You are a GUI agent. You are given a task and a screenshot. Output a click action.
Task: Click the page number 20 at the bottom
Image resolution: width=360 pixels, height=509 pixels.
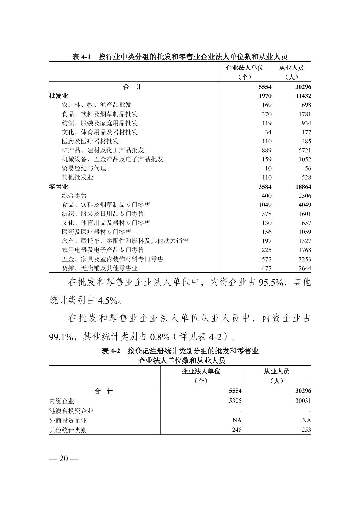coord(64,459)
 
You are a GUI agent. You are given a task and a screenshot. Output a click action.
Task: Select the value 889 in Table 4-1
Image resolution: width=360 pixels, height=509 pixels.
coord(266,150)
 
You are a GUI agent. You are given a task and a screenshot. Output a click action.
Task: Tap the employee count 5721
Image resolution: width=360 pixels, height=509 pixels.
coord(305,150)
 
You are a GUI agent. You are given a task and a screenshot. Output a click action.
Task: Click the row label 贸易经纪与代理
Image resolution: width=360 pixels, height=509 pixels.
coord(84,168)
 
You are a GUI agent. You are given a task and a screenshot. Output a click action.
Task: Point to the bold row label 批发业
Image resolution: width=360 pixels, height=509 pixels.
coord(58,96)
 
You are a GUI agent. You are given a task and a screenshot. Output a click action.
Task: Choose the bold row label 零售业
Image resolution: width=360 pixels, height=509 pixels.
coord(58,187)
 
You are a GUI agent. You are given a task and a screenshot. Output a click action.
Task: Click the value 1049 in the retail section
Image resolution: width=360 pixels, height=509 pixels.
coord(265,205)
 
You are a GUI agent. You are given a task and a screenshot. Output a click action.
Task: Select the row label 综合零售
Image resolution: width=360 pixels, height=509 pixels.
coord(74,196)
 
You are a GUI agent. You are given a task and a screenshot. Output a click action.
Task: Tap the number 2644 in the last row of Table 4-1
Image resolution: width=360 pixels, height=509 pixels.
coord(305,268)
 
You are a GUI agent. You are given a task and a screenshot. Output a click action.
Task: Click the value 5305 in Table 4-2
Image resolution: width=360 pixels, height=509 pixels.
coord(235,401)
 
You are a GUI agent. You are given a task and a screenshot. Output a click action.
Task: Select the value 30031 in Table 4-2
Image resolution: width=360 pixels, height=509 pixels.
coord(303,401)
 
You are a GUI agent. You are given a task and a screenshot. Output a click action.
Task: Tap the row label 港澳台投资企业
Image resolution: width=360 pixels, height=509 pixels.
coord(71,411)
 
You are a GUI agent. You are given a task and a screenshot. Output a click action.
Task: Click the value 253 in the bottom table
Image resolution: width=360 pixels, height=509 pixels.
coord(306,430)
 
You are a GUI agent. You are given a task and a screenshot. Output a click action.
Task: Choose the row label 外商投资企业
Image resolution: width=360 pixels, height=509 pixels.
coord(68,420)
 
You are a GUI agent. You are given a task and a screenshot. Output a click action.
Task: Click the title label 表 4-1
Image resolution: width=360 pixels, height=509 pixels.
coord(81,57)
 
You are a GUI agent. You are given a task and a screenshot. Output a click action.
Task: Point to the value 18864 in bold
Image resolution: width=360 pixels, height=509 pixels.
coord(303,187)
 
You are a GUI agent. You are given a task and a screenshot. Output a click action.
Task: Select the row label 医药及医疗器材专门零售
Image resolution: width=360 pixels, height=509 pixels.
coord(97,232)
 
